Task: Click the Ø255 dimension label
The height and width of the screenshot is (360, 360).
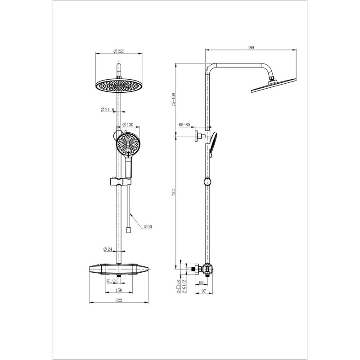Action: (x=119, y=51)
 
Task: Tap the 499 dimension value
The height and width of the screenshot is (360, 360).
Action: (x=251, y=48)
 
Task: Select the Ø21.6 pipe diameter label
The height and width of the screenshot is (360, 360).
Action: (x=107, y=110)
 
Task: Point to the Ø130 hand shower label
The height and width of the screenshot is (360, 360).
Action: (x=128, y=125)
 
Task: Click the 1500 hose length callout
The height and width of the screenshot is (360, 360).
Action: (x=148, y=227)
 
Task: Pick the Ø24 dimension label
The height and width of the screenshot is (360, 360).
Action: (x=108, y=249)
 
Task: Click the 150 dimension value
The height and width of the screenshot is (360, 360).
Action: (x=119, y=290)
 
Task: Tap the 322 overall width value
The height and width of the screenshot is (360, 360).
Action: (x=119, y=300)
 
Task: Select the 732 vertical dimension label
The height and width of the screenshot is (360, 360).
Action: (x=174, y=193)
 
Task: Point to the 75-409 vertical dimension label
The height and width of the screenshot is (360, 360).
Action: (x=174, y=99)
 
